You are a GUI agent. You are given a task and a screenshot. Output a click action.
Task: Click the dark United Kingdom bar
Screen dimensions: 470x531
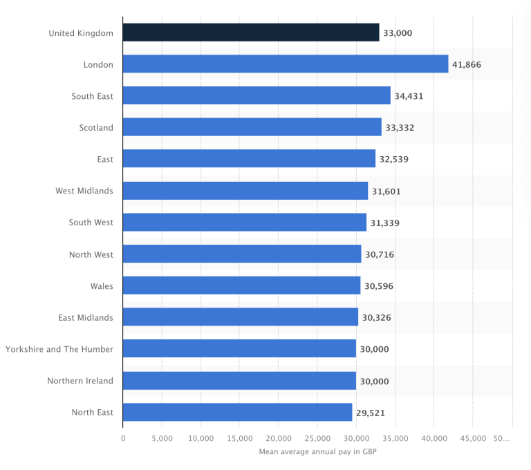251,32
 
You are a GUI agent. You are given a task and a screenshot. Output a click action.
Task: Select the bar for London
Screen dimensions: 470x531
286,64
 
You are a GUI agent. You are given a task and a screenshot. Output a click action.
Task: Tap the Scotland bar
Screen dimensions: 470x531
252,127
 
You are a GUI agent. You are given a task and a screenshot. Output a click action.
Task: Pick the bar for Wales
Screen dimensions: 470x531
241,285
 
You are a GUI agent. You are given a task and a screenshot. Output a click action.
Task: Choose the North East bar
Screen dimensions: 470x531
237,413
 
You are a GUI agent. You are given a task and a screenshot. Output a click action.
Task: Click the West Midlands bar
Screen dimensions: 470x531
245,191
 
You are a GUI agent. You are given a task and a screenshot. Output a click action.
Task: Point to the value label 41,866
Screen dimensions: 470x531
466,64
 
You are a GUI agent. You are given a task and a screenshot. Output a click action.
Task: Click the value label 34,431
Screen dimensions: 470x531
409,96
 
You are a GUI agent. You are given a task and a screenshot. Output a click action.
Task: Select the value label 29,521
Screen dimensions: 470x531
371,413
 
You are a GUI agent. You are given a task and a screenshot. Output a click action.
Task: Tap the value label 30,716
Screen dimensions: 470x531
380,254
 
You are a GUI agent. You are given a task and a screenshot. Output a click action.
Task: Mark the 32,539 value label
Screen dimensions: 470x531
394,159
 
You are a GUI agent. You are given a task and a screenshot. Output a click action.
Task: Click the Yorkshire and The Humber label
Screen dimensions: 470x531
59,349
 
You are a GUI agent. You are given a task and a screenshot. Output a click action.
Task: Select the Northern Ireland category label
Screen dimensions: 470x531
80,381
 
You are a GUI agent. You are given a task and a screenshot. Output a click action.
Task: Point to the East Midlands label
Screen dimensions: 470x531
86,317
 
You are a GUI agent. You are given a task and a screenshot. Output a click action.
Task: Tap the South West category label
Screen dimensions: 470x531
91,223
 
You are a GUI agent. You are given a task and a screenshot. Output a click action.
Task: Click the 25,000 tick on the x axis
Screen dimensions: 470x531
317,438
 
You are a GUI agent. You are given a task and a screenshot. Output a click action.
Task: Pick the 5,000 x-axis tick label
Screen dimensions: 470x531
162,438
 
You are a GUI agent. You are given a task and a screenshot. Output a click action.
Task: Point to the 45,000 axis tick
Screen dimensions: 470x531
473,438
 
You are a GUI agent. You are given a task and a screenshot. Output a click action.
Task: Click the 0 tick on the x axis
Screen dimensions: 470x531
123,438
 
